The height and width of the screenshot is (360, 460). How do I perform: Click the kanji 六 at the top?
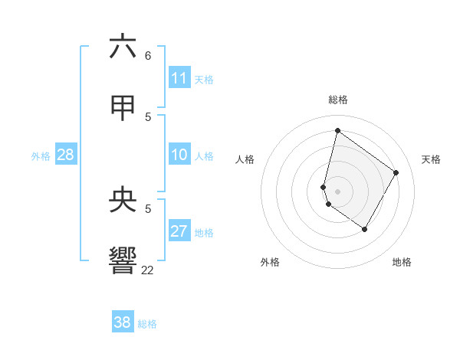pyautogui.click(x=123, y=47)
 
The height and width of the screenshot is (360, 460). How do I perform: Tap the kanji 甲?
pyautogui.click(x=123, y=108)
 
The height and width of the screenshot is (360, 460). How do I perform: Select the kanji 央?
pyautogui.click(x=123, y=200)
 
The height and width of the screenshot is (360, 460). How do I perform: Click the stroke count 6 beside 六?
pyautogui.click(x=147, y=56)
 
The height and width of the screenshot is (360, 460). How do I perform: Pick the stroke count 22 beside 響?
pyautogui.click(x=147, y=270)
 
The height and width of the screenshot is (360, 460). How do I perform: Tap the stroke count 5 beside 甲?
pyautogui.click(x=147, y=116)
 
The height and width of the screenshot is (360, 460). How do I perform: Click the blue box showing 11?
pyautogui.click(x=179, y=78)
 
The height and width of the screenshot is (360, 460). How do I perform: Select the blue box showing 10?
pyautogui.click(x=179, y=155)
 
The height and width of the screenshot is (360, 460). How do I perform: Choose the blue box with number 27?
pyautogui.click(x=179, y=231)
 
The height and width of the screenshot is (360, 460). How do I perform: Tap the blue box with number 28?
pyautogui.click(x=66, y=155)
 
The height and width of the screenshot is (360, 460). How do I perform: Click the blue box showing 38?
pyautogui.click(x=123, y=322)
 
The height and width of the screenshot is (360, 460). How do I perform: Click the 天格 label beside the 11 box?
pyautogui.click(x=204, y=79)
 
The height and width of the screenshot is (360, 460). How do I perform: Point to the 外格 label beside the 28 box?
pyautogui.click(x=41, y=156)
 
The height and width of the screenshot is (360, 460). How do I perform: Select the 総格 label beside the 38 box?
pyautogui.click(x=147, y=323)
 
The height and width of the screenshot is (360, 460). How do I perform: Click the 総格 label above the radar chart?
pyautogui.click(x=338, y=100)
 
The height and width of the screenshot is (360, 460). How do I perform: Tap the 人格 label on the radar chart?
pyautogui.click(x=245, y=159)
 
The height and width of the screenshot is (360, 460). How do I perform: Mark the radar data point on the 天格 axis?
pyautogui.click(x=396, y=172)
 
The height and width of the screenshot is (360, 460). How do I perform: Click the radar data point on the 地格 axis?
pyautogui.click(x=365, y=229)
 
